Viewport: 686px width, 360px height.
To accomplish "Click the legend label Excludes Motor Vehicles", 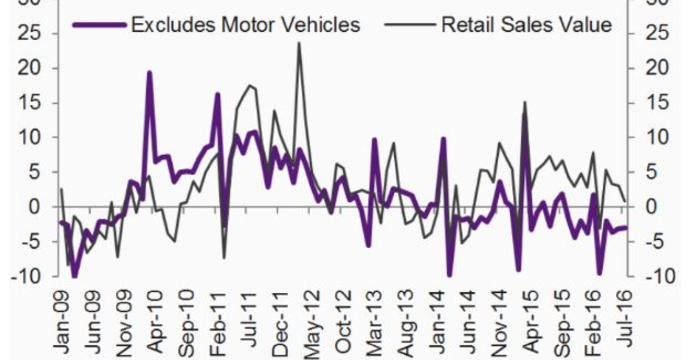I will [245, 25].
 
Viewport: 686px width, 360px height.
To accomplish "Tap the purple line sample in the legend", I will [98, 25].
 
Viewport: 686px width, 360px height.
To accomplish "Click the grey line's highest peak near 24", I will [299, 43].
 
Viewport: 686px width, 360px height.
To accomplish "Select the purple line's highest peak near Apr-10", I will [149, 73].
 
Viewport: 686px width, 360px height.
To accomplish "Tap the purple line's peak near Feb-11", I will [218, 94].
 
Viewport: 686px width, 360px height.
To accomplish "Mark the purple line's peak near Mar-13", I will [374, 139].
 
